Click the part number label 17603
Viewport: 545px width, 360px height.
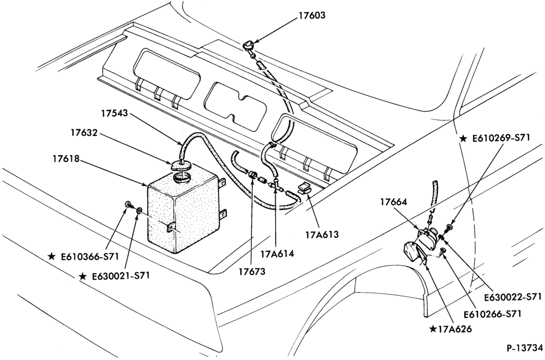click(x=312, y=16)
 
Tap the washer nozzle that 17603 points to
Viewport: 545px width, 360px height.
click(x=249, y=45)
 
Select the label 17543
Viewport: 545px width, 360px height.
click(x=115, y=113)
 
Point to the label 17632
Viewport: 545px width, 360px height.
click(x=84, y=133)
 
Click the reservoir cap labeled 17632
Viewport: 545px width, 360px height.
click(x=181, y=165)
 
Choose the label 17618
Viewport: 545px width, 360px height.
click(x=66, y=159)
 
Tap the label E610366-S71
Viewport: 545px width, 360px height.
click(x=90, y=257)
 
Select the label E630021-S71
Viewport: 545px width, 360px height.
click(x=120, y=276)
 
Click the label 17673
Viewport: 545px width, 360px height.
click(x=252, y=271)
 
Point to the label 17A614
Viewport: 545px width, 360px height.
click(x=277, y=254)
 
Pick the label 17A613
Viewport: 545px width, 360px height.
click(x=322, y=235)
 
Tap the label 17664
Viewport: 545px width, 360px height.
click(x=393, y=202)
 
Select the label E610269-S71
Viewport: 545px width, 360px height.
click(x=501, y=138)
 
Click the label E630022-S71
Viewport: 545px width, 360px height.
click(x=513, y=297)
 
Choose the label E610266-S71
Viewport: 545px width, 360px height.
click(x=493, y=314)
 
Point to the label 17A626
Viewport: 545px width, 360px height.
click(x=455, y=329)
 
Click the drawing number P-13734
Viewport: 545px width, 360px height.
click(x=524, y=348)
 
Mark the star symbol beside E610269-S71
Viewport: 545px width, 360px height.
click(x=463, y=139)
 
